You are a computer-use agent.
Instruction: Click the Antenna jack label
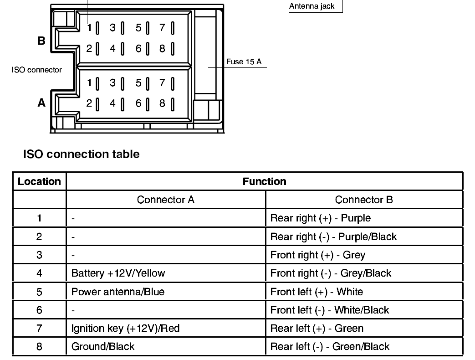tap(312, 6)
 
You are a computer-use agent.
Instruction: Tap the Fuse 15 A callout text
tap(244, 62)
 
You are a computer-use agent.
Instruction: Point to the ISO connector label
tap(37, 70)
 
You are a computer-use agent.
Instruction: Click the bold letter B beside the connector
tap(41, 41)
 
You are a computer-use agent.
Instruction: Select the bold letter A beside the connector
tap(41, 103)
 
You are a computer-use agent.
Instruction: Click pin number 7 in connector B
tap(162, 28)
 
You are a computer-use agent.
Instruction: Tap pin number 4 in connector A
tap(112, 103)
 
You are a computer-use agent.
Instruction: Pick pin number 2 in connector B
tap(89, 48)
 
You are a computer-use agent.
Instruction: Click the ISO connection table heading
tap(82, 154)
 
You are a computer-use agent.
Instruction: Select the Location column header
tap(39, 181)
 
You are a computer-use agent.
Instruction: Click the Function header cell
tap(264, 181)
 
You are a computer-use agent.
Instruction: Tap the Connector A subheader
tap(165, 200)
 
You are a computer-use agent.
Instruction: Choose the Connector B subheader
tap(364, 200)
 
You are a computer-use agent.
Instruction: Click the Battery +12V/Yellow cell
tap(118, 273)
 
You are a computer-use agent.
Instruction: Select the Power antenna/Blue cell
tap(117, 292)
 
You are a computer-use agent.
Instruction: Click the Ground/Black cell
tap(103, 346)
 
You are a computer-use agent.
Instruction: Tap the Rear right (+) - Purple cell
tap(320, 218)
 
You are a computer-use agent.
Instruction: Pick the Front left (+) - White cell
tap(317, 292)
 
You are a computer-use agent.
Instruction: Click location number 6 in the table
tap(39, 310)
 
